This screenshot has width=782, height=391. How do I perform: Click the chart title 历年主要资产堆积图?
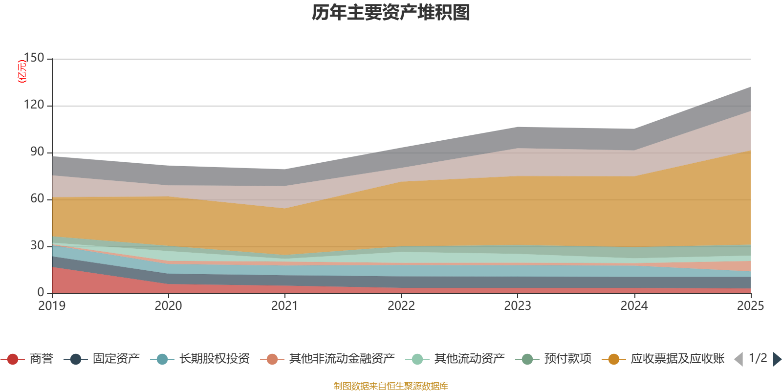(x=391, y=13)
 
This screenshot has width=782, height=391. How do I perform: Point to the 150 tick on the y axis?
(x=34, y=58)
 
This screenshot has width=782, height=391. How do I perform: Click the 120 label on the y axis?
(x=34, y=105)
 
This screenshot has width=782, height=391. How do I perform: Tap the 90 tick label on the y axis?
(x=37, y=152)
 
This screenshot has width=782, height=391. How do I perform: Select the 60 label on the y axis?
(x=37, y=199)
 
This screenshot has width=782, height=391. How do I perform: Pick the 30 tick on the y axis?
(x=37, y=246)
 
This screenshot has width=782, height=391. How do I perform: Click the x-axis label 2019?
(x=52, y=306)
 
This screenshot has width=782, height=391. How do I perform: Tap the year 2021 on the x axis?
(x=285, y=306)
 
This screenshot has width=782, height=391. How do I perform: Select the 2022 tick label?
(x=401, y=306)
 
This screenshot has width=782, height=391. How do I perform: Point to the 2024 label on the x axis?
(x=634, y=306)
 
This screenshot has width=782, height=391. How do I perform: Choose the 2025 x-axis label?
(x=750, y=306)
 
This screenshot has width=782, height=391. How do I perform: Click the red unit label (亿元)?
(x=22, y=71)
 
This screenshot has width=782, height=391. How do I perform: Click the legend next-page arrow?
(x=777, y=359)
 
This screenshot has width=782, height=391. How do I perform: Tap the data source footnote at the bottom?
(x=391, y=386)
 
